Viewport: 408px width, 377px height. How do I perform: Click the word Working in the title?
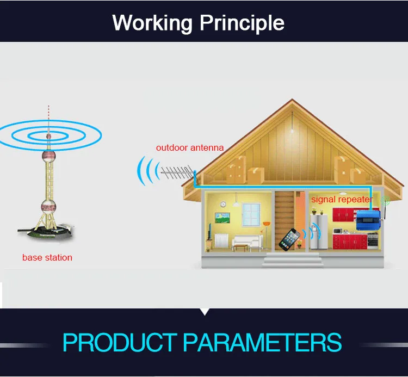click(152, 23)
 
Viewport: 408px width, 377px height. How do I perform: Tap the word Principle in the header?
click(242, 23)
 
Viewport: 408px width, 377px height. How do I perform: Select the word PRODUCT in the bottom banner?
click(120, 342)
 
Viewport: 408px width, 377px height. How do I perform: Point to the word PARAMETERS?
click(262, 342)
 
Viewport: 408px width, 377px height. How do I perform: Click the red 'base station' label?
click(47, 257)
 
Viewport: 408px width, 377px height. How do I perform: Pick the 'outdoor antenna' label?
click(190, 148)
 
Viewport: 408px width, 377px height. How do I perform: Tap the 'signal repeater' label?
click(342, 199)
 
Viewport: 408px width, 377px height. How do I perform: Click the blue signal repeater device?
click(368, 220)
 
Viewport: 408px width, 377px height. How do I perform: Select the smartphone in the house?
click(289, 239)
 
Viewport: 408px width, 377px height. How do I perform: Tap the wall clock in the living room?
click(223, 204)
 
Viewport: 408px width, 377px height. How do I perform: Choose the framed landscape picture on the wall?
click(222, 218)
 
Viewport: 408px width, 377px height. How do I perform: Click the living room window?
click(251, 215)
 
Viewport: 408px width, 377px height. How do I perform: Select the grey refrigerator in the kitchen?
click(318, 232)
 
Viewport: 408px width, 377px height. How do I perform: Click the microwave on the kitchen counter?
click(338, 231)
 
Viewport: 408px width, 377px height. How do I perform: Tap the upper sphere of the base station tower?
click(48, 157)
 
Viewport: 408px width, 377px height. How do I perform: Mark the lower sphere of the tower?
click(48, 207)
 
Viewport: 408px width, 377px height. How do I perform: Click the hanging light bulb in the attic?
click(292, 131)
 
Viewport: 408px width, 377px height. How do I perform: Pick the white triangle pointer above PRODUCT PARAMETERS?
click(205, 312)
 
